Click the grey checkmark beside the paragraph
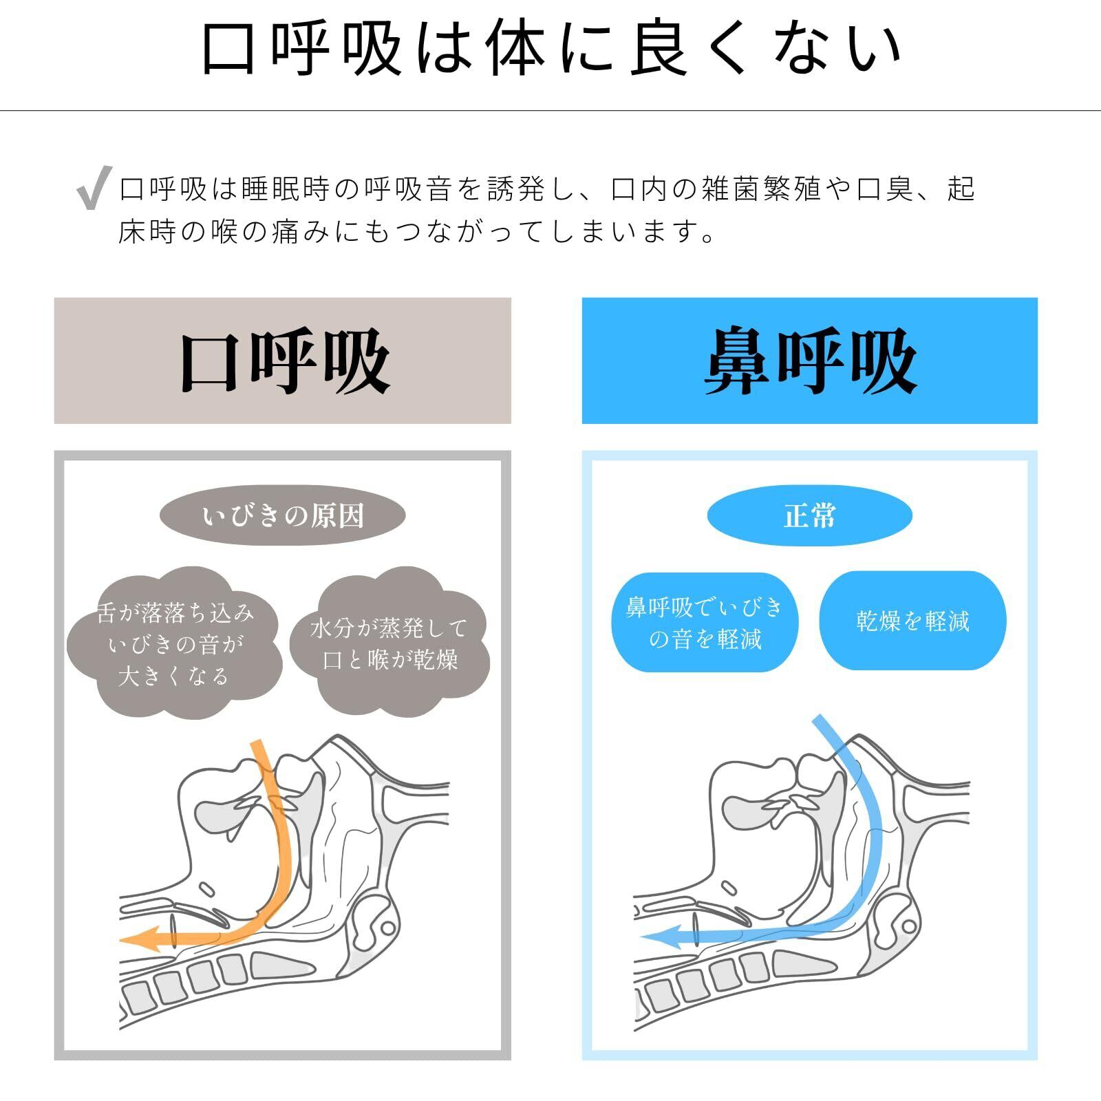94,186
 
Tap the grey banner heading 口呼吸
282,361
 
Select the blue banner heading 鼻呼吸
809,361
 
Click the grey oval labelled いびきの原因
282,515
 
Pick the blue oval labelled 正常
809,515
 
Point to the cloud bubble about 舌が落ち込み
174,644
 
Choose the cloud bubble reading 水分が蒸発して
389,643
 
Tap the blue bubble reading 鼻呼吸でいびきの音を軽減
705,622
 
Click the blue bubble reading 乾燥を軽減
912,621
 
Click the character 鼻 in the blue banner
736,361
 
